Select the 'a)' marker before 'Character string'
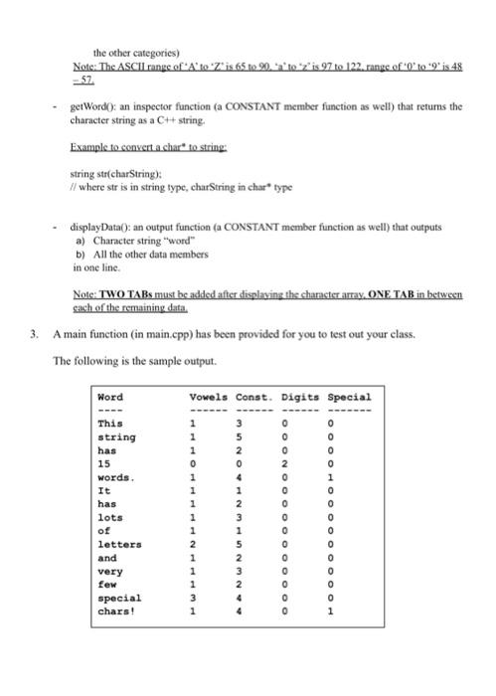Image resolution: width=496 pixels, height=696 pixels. coord(81,241)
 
